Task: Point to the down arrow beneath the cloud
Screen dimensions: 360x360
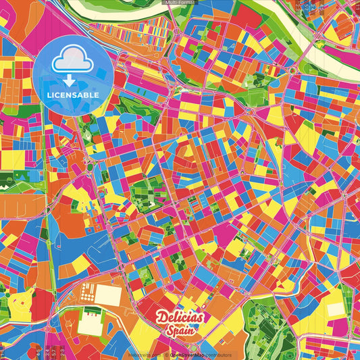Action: pos(66,79)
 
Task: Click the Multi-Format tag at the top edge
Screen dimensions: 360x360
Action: pos(180,3)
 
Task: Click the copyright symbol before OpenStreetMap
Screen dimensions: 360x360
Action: pos(167,355)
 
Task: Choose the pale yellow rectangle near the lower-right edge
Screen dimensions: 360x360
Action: pos(336,309)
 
